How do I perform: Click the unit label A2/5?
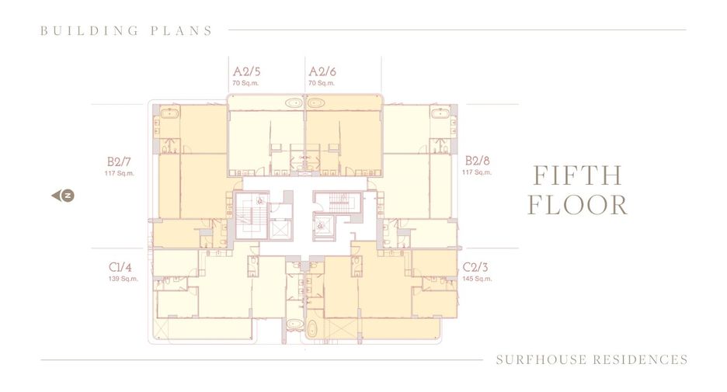pos(246,71)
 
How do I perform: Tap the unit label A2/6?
pos(322,71)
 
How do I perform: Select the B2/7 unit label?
pos(119,161)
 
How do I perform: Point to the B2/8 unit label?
pos(477,161)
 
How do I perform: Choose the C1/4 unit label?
pos(120,267)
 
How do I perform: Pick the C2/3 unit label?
pos(475,267)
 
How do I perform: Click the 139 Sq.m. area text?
pos(123,279)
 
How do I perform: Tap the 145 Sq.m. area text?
pos(477,279)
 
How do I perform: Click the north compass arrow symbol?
pos(63,196)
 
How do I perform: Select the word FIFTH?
pos(577,175)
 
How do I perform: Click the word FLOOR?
pos(578,205)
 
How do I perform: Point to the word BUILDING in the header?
pos(89,31)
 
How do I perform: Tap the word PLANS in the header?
pos(181,31)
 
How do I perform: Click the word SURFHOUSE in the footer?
pos(540,359)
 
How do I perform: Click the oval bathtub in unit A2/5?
pos(294,103)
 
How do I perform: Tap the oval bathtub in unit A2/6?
pos(316,103)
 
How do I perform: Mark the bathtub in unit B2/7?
pos(169,113)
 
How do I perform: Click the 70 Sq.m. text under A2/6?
pos(322,83)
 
